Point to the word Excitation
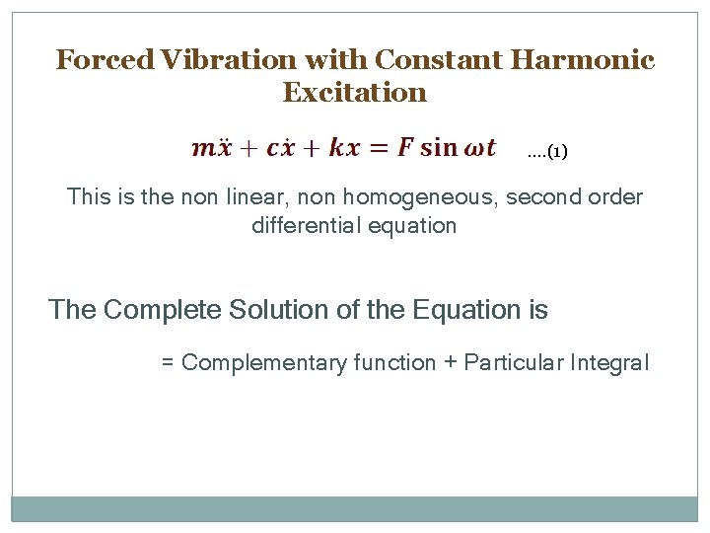tap(355, 93)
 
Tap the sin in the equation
tap(439, 148)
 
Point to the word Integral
tap(609, 363)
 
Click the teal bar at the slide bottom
tap(355, 508)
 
